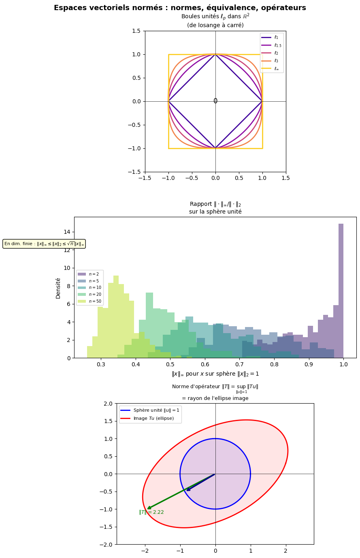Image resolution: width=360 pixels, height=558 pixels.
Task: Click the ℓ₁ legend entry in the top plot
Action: tap(272, 37)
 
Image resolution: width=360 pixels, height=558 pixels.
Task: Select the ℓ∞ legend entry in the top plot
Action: tap(272, 68)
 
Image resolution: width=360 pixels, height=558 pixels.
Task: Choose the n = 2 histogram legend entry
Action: tap(90, 274)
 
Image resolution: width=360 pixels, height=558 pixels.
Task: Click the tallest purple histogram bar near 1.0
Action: tap(341, 290)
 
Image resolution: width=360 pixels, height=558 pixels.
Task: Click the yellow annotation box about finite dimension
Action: tap(44, 244)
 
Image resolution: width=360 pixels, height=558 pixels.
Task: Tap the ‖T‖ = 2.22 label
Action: tap(151, 512)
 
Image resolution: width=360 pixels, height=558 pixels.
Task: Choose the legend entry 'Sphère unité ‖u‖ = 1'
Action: tap(150, 410)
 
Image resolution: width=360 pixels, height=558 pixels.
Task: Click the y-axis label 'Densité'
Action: tap(58, 288)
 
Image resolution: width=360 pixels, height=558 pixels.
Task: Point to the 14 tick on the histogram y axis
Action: tap(66, 232)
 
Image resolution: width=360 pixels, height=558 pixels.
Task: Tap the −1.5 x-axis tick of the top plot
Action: tap(145, 178)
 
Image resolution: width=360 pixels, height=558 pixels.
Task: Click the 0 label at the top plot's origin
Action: tap(215, 101)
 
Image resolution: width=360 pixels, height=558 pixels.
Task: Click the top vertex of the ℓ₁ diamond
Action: tap(215, 55)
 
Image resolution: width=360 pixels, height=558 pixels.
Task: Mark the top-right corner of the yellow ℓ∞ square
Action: tap(262, 55)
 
